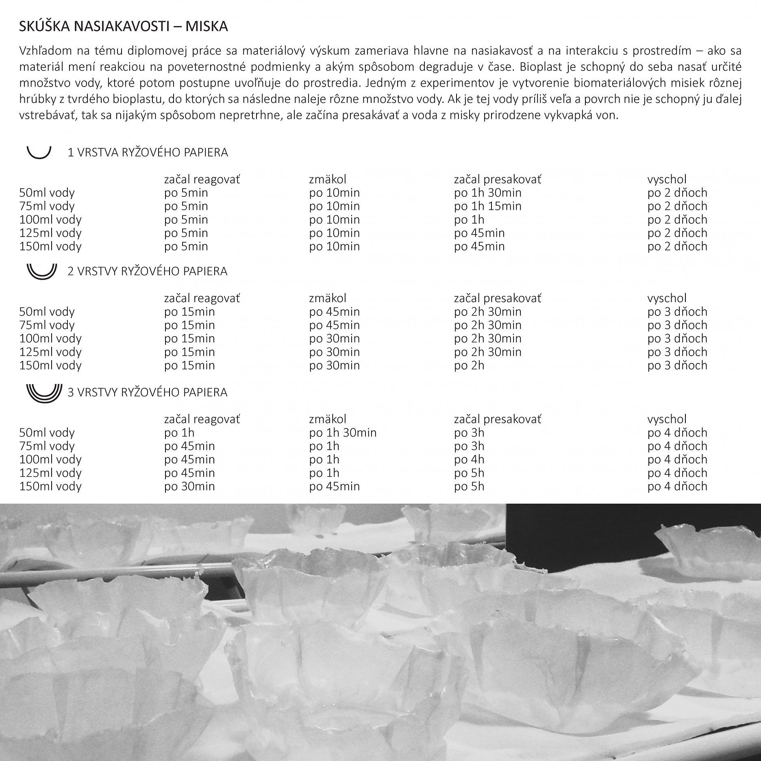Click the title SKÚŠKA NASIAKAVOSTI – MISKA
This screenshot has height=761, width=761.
tap(123, 27)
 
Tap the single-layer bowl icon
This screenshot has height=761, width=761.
tap(39, 152)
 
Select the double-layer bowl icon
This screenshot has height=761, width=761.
tap(41, 271)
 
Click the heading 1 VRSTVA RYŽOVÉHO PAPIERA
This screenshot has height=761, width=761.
tap(148, 152)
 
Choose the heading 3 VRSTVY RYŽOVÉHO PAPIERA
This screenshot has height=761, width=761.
tap(147, 392)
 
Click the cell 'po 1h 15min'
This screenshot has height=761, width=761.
tap(487, 206)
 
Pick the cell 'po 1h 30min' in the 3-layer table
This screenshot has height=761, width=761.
tap(343, 433)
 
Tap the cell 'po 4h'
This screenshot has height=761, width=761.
tap(469, 459)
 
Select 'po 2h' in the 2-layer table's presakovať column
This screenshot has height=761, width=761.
tap(469, 365)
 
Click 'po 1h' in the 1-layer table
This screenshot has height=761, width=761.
tap(469, 220)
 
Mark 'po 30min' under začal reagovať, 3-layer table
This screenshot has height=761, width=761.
tap(189, 486)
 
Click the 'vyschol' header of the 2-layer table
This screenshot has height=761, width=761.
tap(667, 298)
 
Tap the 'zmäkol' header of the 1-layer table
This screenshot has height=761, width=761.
tap(328, 179)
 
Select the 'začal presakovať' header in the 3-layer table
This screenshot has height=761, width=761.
tap(497, 419)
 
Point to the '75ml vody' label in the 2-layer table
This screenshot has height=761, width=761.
tap(47, 325)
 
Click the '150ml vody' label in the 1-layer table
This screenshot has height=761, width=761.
tap(50, 246)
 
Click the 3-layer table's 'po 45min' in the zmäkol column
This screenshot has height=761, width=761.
tap(334, 486)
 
